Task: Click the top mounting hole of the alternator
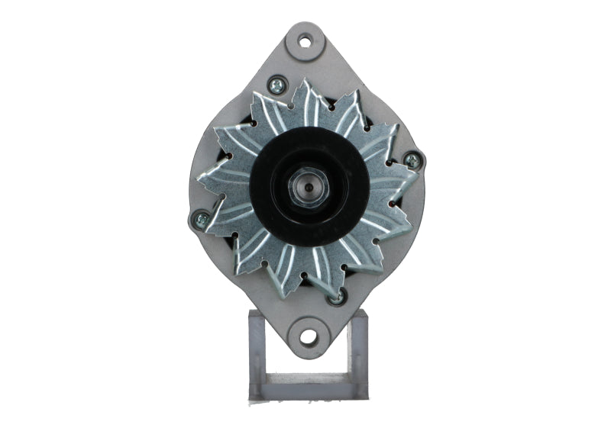305,41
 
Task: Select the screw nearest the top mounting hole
276,85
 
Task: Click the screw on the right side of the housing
412,160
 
